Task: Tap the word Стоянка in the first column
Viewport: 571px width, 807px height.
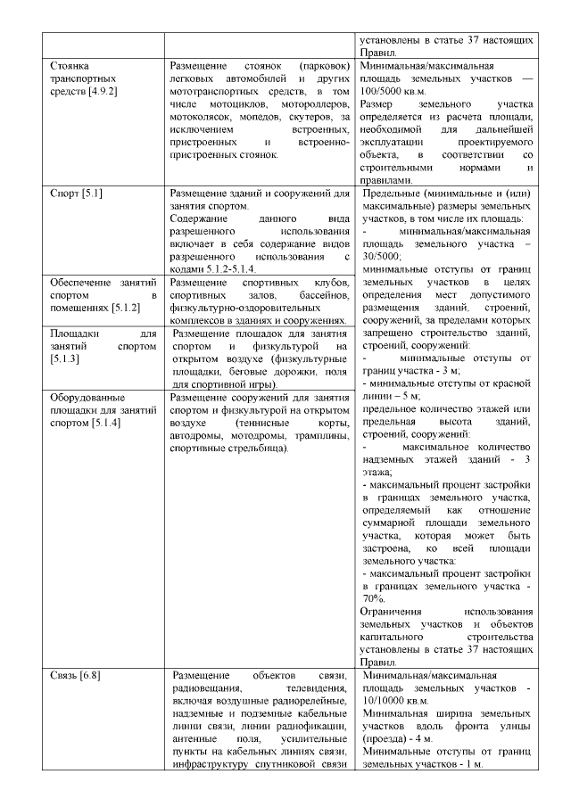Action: click(x=72, y=66)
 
